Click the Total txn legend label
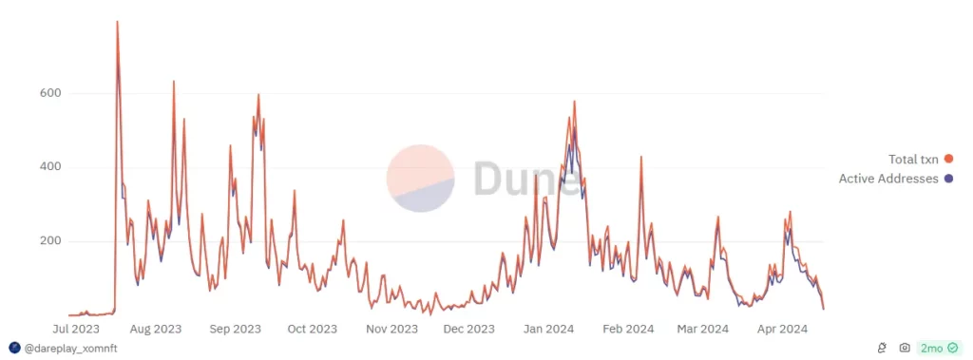point(913,160)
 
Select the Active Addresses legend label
point(888,179)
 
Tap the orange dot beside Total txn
point(948,160)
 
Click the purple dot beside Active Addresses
point(948,179)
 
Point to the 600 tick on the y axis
point(49,93)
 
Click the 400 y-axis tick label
point(49,167)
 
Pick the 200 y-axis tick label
point(49,241)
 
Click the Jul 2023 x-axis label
point(78,329)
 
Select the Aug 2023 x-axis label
point(156,329)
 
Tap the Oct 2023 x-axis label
point(312,329)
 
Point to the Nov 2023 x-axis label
point(392,329)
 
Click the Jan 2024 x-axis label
point(549,329)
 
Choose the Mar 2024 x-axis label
point(703,329)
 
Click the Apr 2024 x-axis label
point(782,329)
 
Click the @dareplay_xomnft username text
point(70,349)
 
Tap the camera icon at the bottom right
point(906,349)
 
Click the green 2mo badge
point(940,349)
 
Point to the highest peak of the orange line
point(117,22)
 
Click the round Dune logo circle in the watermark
point(420,179)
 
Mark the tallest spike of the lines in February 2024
point(641,157)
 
